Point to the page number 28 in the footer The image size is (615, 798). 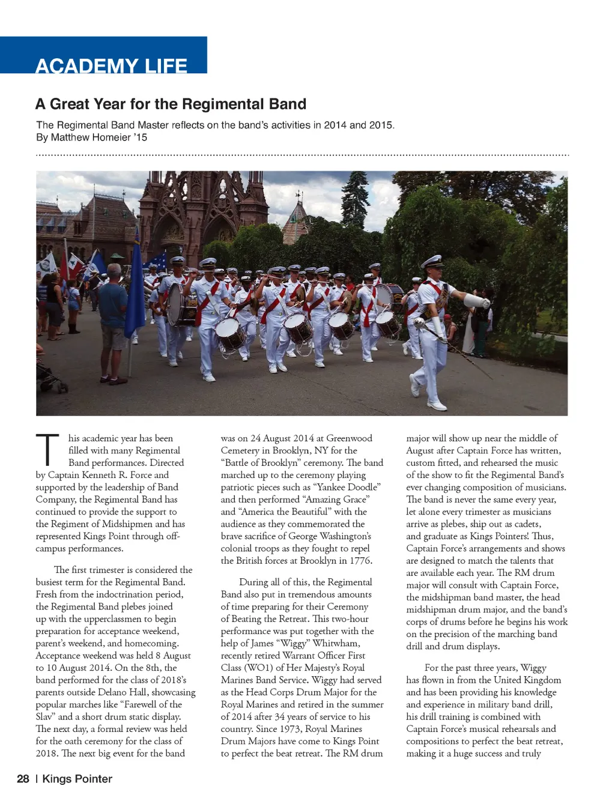click(x=23, y=779)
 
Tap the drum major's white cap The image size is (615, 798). click(x=432, y=261)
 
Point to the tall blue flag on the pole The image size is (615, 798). click(x=135, y=294)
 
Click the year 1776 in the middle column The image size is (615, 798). click(x=360, y=560)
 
